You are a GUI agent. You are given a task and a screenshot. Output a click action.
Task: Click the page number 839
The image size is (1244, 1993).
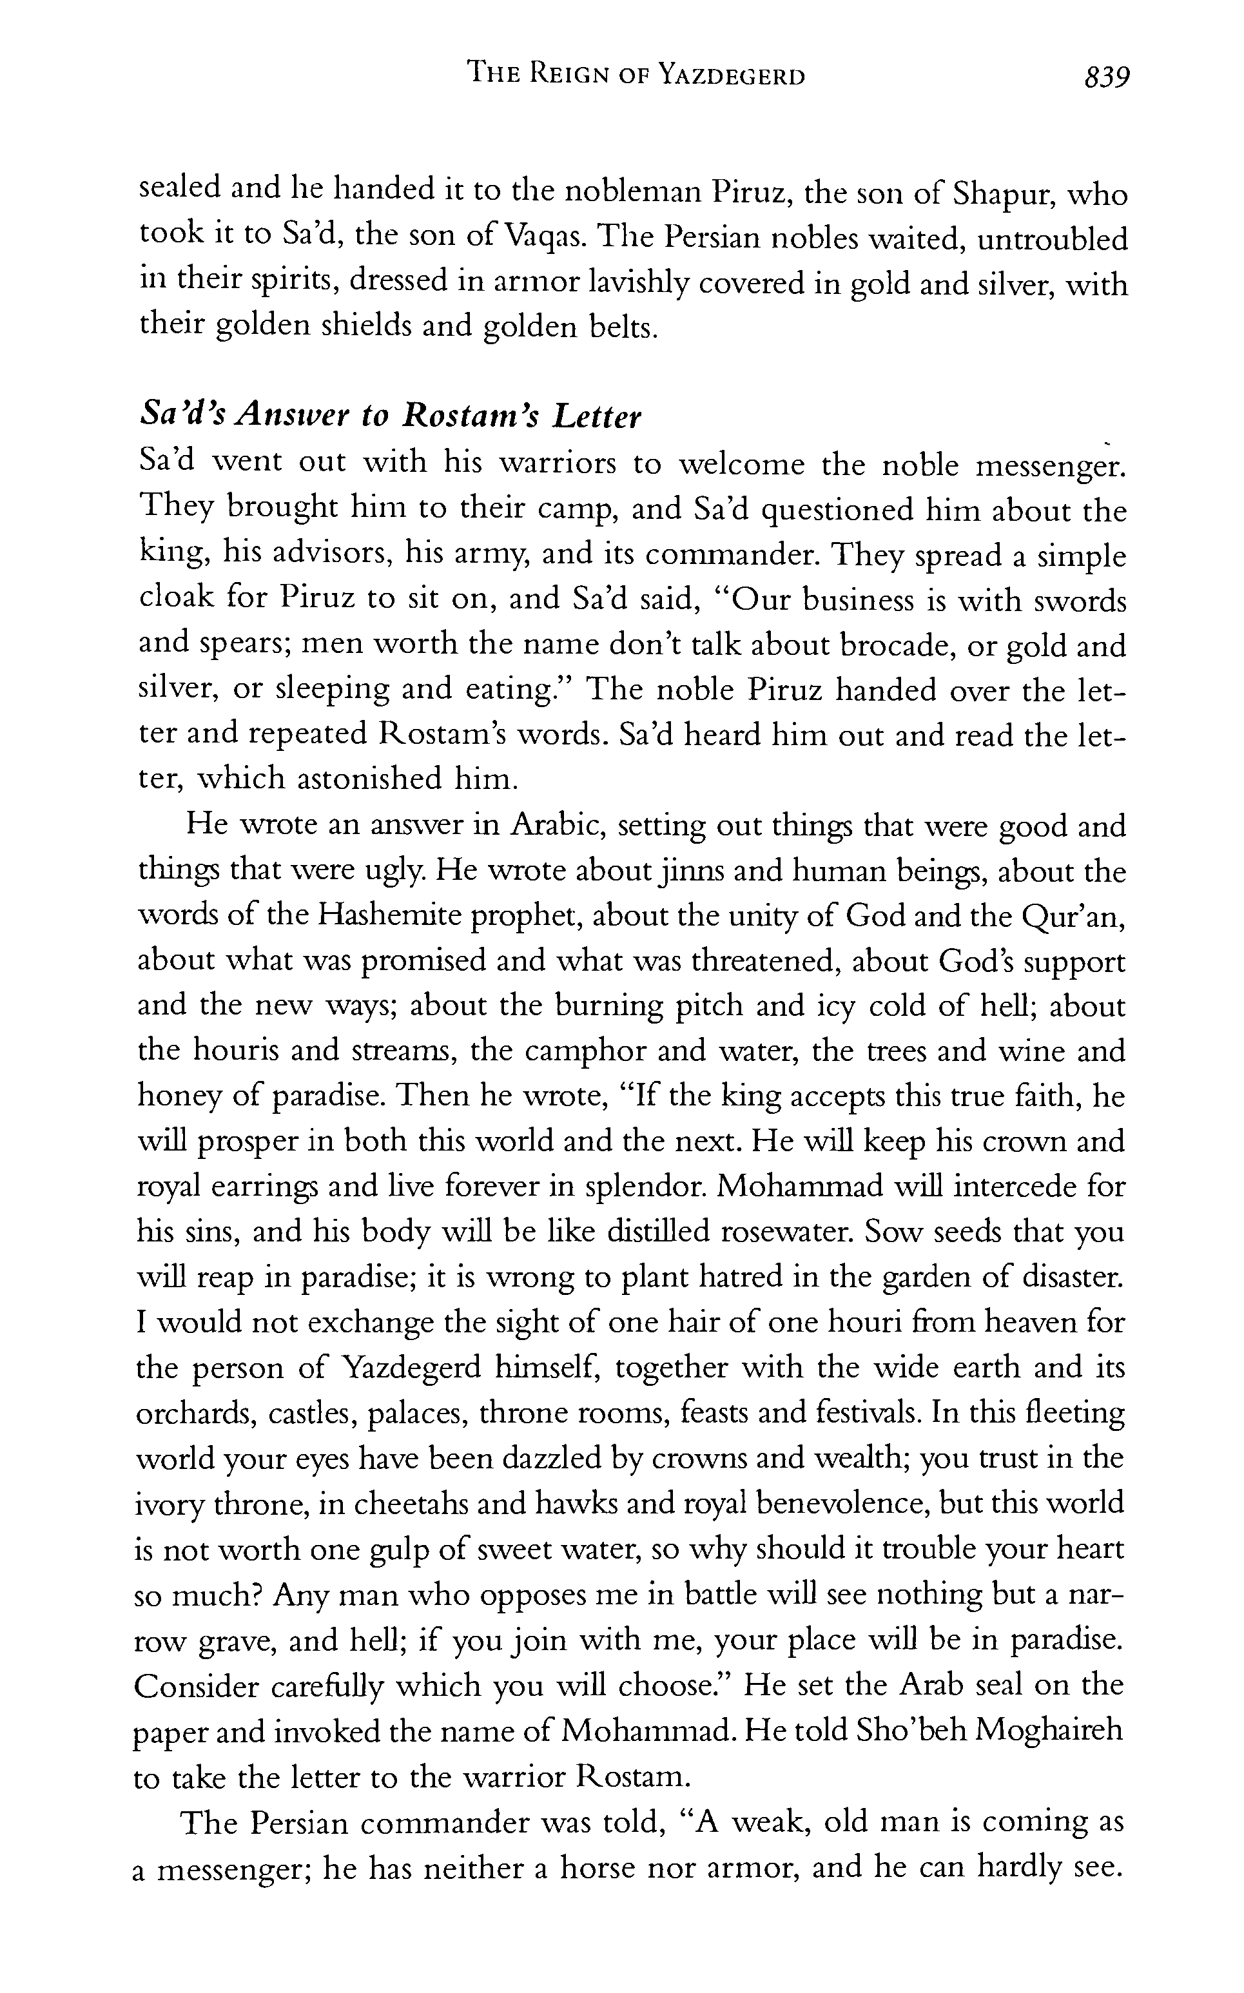(x=1107, y=77)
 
